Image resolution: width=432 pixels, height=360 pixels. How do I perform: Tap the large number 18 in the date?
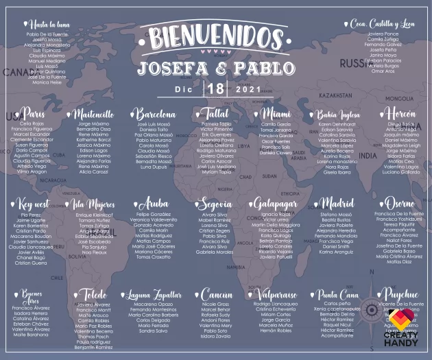point(215,88)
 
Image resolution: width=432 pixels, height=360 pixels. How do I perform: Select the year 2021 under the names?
point(248,89)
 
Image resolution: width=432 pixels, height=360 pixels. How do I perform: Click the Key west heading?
point(33,204)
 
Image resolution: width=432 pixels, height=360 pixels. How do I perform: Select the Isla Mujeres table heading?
point(93,204)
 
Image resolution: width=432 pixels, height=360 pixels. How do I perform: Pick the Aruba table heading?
point(154,204)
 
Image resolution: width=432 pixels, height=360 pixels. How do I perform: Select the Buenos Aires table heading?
point(32,296)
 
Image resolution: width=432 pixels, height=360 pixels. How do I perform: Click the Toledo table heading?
point(93,295)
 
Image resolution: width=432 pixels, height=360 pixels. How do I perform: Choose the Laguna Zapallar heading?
point(154,295)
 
